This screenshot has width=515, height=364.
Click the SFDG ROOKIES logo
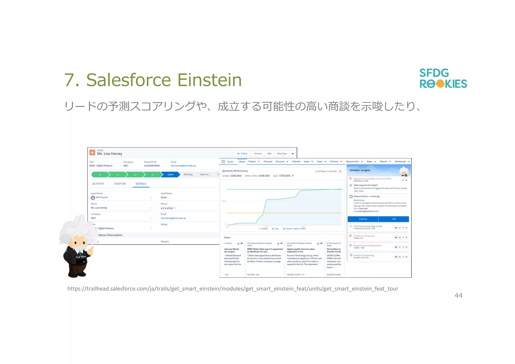pyautogui.click(x=443, y=78)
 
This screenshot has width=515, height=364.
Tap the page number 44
pyautogui.click(x=458, y=295)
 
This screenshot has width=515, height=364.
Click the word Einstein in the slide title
pyautogui.click(x=209, y=80)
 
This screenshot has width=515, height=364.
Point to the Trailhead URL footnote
pyautogui.click(x=233, y=289)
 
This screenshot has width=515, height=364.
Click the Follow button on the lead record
pyautogui.click(x=242, y=154)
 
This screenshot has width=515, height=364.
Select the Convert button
pyautogui.click(x=257, y=154)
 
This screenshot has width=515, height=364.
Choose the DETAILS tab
pyautogui.click(x=141, y=184)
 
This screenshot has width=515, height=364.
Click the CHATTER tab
pyautogui.click(x=120, y=184)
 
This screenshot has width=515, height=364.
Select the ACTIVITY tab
pyautogui.click(x=98, y=184)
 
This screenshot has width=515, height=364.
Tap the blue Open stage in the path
pyautogui.click(x=170, y=174)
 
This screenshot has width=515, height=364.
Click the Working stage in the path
pyautogui.click(x=188, y=174)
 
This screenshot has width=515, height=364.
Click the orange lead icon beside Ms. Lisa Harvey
pyautogui.click(x=92, y=152)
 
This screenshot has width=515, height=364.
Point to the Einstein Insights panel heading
pyautogui.click(x=360, y=170)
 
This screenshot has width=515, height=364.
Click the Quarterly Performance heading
pyautogui.click(x=235, y=171)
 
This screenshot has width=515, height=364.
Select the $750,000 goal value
pyautogui.click(x=285, y=176)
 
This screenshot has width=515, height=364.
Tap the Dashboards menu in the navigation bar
pyautogui.click(x=400, y=162)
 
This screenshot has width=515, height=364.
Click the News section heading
pyautogui.click(x=227, y=238)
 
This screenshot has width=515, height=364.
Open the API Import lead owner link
pyautogui.click(x=102, y=198)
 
